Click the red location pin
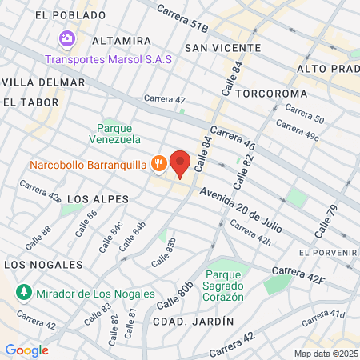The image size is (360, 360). (x=181, y=163)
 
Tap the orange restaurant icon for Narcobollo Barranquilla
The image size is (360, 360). (x=158, y=165)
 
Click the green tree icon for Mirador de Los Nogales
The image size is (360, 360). (x=24, y=293)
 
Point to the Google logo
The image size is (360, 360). (x=26, y=350)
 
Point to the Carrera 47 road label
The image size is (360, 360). (x=165, y=100)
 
